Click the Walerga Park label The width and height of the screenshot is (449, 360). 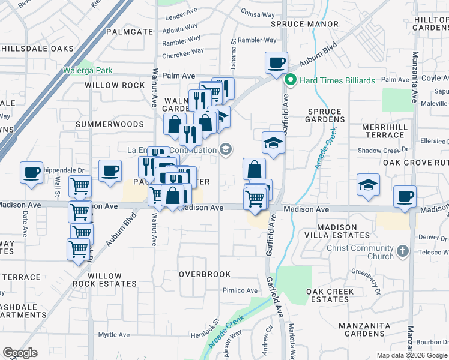pyautogui.click(x=88, y=70)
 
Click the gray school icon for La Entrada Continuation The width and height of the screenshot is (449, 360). pyautogui.click(x=226, y=149)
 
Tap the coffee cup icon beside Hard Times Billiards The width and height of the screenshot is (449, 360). pyautogui.click(x=277, y=63)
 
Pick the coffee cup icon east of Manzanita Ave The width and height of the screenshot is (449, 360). pyautogui.click(x=405, y=197)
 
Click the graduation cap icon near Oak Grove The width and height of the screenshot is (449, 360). pyautogui.click(x=368, y=185)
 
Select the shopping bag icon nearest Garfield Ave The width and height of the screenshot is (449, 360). pyautogui.click(x=254, y=169)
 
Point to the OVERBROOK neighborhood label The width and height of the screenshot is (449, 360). pyautogui.click(x=205, y=274)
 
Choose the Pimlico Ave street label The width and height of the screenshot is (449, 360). pyautogui.click(x=240, y=290)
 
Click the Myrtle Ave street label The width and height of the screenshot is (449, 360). pyautogui.click(x=114, y=335)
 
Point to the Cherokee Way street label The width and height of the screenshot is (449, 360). pyautogui.click(x=184, y=52)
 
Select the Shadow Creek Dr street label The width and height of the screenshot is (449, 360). pyautogui.click(x=382, y=150)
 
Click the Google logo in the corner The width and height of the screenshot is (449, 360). pyautogui.click(x=20, y=352)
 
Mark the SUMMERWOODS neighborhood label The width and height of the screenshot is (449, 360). pyautogui.click(x=110, y=124)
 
